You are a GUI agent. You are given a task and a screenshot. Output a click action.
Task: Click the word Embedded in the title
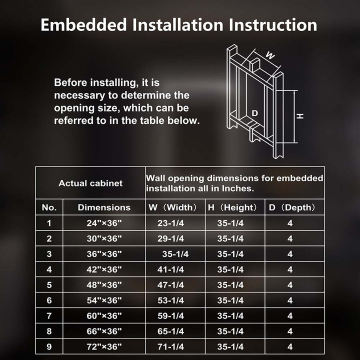point(84,25)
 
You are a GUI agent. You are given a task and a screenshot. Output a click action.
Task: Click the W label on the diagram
point(270,55)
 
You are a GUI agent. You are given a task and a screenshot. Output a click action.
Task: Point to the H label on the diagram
point(300,116)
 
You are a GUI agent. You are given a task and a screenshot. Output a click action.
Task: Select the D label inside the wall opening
point(254,113)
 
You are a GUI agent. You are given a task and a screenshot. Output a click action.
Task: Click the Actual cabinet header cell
point(90,183)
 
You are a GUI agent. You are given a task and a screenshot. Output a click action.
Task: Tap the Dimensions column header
point(104,207)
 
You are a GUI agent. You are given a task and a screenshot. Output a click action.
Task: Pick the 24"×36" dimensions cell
point(104,223)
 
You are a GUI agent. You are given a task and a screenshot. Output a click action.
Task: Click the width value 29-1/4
point(170,239)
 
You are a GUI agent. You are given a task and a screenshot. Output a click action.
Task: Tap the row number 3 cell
point(49,254)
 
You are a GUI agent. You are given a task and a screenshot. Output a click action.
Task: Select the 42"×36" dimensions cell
point(104,269)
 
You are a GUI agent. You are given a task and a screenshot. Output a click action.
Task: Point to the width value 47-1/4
point(170,285)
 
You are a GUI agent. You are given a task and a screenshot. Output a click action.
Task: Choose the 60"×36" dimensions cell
point(104,316)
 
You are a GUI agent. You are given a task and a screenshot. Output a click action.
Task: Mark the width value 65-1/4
point(170,331)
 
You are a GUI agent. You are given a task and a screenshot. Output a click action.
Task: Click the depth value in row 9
point(290,346)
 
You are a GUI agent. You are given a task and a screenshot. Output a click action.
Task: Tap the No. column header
point(49,207)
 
